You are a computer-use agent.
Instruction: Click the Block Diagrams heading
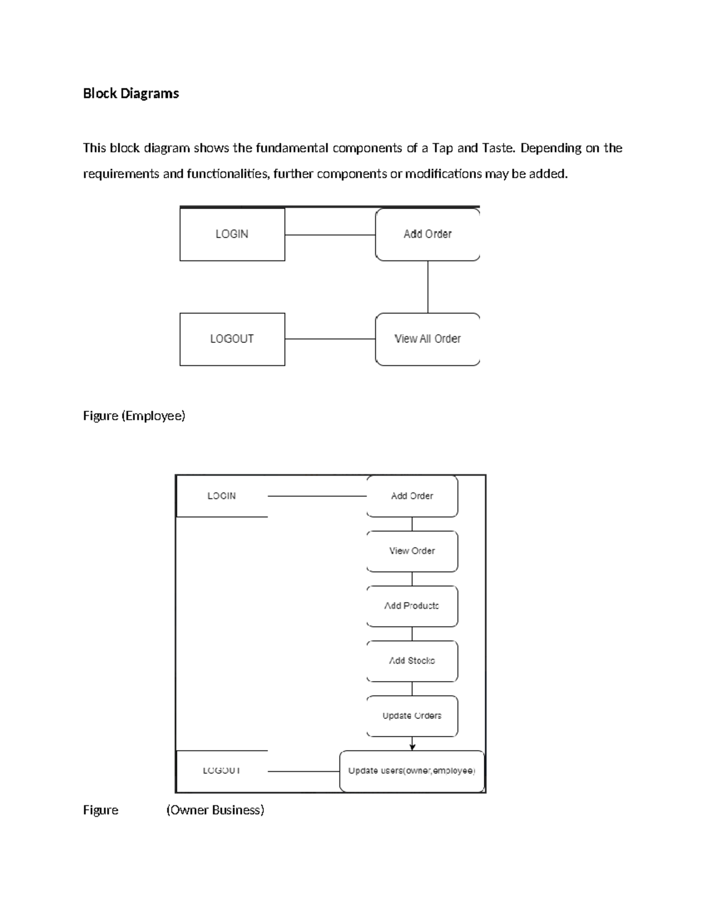point(131,94)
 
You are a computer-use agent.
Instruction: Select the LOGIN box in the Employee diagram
point(232,234)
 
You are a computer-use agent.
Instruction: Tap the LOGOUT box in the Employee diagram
point(232,339)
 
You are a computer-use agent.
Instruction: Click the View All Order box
point(427,339)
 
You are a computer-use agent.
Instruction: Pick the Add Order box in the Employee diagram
point(427,234)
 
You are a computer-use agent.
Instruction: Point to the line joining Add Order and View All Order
point(428,287)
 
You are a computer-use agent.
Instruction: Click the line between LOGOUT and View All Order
point(330,339)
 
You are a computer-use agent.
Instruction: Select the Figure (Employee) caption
point(134,416)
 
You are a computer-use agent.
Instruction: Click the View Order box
point(412,551)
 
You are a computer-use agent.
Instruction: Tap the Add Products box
point(412,606)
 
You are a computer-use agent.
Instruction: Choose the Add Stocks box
point(412,661)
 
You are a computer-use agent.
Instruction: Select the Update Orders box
point(412,716)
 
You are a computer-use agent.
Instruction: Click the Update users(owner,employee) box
point(412,771)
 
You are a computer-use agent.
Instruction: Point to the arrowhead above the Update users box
point(412,746)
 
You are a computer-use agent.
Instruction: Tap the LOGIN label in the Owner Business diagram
point(222,496)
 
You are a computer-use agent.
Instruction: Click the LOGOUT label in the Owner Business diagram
point(222,771)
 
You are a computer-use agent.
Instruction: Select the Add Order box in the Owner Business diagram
point(412,496)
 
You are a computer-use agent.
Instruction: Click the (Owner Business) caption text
point(215,810)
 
